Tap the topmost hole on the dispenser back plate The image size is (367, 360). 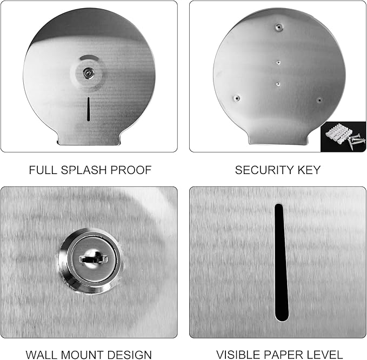pos(277,26)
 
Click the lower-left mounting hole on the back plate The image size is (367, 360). pos(236,98)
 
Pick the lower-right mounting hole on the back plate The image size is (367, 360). pos(319,100)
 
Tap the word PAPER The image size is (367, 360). pos(285,355)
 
